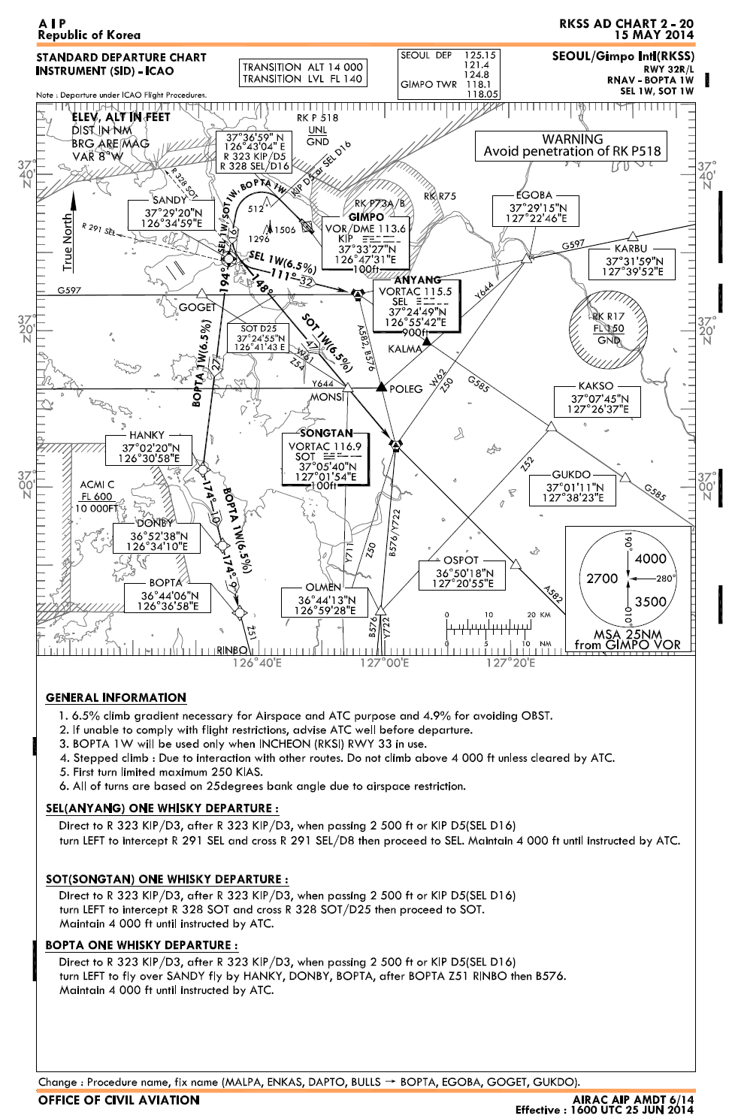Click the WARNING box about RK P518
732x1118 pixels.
coord(572,145)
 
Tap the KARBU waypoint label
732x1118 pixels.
coord(630,249)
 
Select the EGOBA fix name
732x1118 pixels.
coord(534,195)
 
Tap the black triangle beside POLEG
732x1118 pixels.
coord(381,387)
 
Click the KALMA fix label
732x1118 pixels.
coord(404,349)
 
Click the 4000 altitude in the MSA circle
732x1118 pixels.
coord(650,558)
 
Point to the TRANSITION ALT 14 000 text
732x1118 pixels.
coord(302,67)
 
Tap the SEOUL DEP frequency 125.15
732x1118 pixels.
coord(481,56)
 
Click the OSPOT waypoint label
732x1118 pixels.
coord(461,560)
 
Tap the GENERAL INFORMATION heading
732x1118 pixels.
coord(116,697)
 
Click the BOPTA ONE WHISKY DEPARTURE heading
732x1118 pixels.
coord(141,944)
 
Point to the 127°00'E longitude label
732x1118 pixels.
coord(383,663)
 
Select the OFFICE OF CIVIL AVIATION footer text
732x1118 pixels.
coord(119,1100)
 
